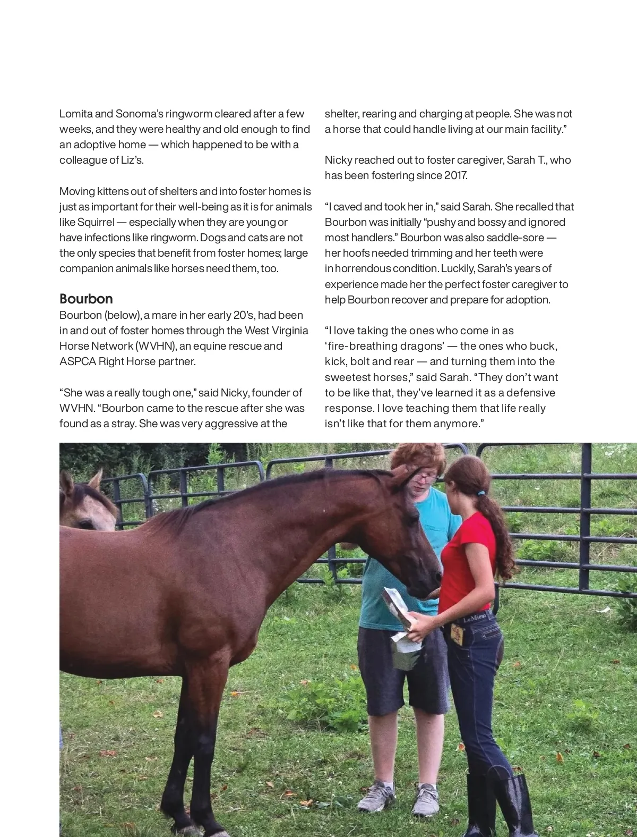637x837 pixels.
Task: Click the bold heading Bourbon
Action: coord(86,299)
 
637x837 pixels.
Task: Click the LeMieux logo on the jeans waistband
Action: coord(475,619)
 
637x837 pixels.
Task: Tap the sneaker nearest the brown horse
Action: coord(376,796)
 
